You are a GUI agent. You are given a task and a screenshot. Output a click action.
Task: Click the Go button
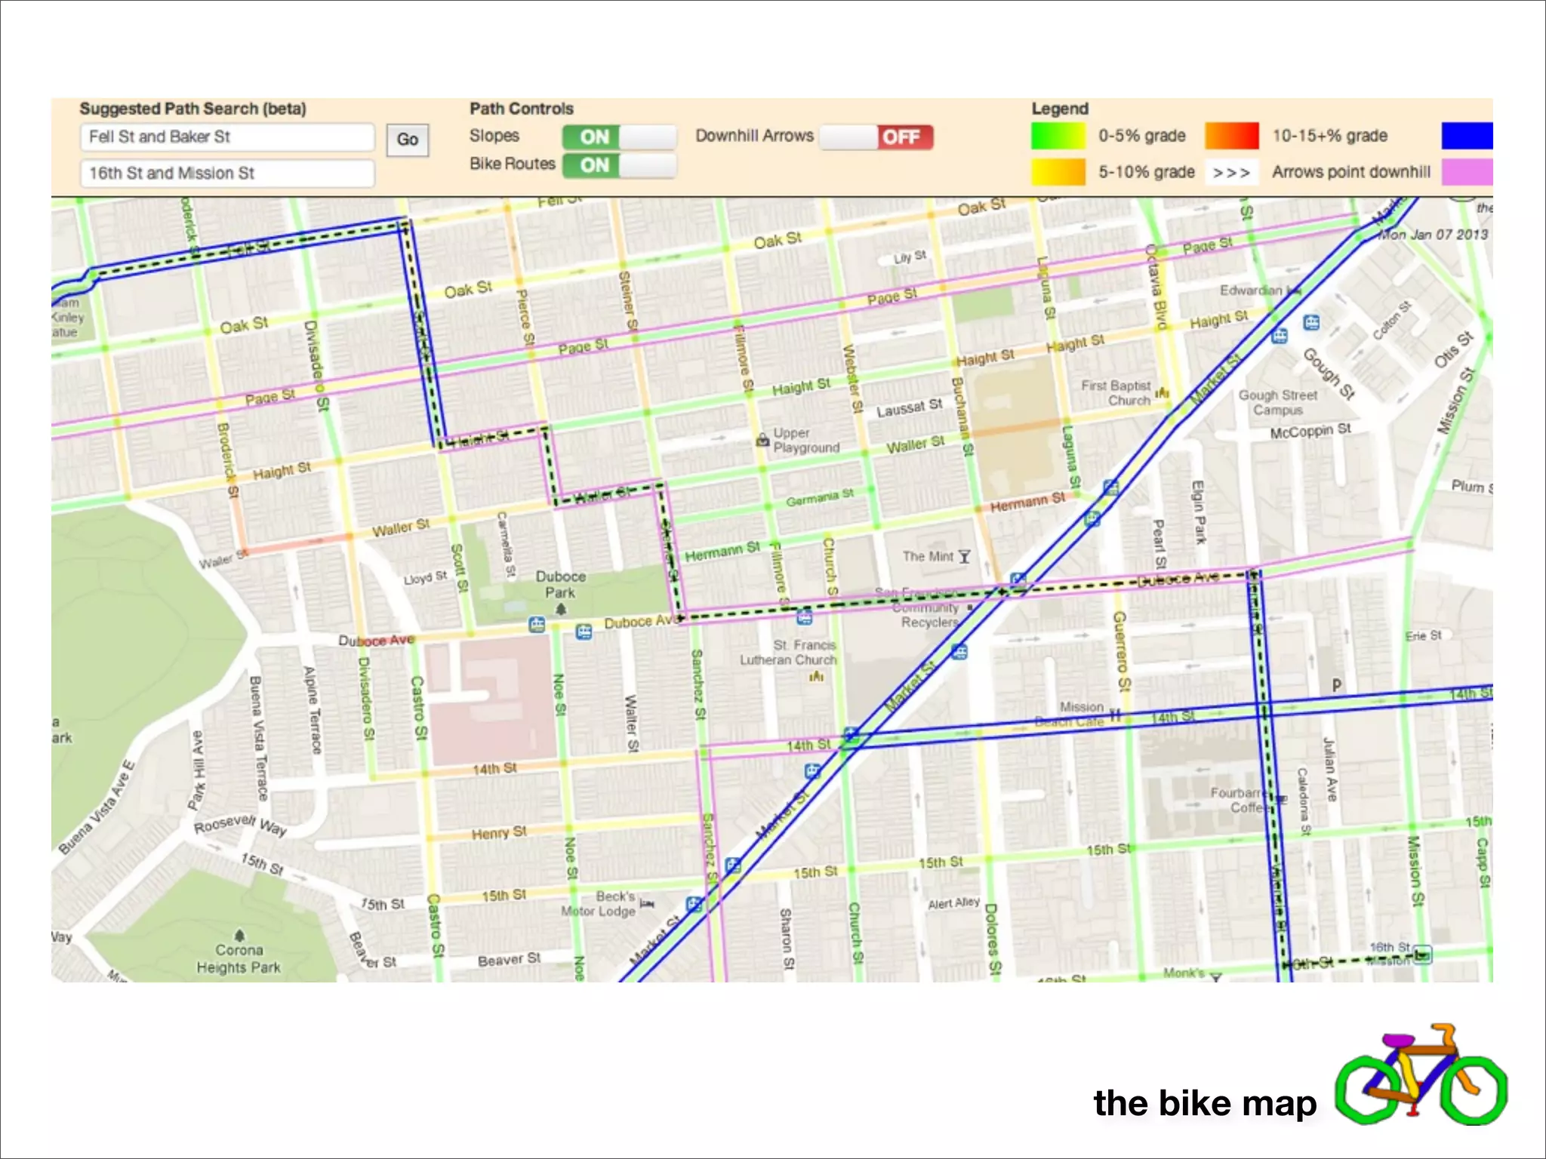[408, 140]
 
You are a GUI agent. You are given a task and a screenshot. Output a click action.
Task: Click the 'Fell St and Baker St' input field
[226, 137]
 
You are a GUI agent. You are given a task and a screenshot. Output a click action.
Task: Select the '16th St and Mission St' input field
[226, 174]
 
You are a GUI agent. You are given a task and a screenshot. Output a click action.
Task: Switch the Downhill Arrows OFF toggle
[876, 137]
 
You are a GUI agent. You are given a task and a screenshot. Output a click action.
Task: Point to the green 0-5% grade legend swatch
[1058, 136]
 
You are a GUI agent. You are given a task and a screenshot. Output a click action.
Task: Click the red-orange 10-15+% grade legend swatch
[1231, 136]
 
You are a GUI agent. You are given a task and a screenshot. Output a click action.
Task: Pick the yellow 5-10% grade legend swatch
[1058, 172]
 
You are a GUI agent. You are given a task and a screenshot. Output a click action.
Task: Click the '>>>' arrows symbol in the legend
[1231, 173]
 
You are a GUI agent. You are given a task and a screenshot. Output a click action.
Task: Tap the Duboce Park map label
[560, 585]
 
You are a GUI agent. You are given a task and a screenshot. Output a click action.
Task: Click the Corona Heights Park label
[239, 958]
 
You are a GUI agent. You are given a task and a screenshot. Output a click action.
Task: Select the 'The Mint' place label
[929, 557]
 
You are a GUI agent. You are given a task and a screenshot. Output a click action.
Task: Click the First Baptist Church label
[1116, 393]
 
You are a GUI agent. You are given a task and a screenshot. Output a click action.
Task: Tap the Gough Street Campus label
[1278, 403]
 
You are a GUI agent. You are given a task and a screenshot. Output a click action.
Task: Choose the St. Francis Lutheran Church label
[788, 653]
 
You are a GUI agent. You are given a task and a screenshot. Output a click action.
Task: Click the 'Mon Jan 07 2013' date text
[1434, 235]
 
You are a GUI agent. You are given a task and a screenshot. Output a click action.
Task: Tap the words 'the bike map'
[1205, 1103]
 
